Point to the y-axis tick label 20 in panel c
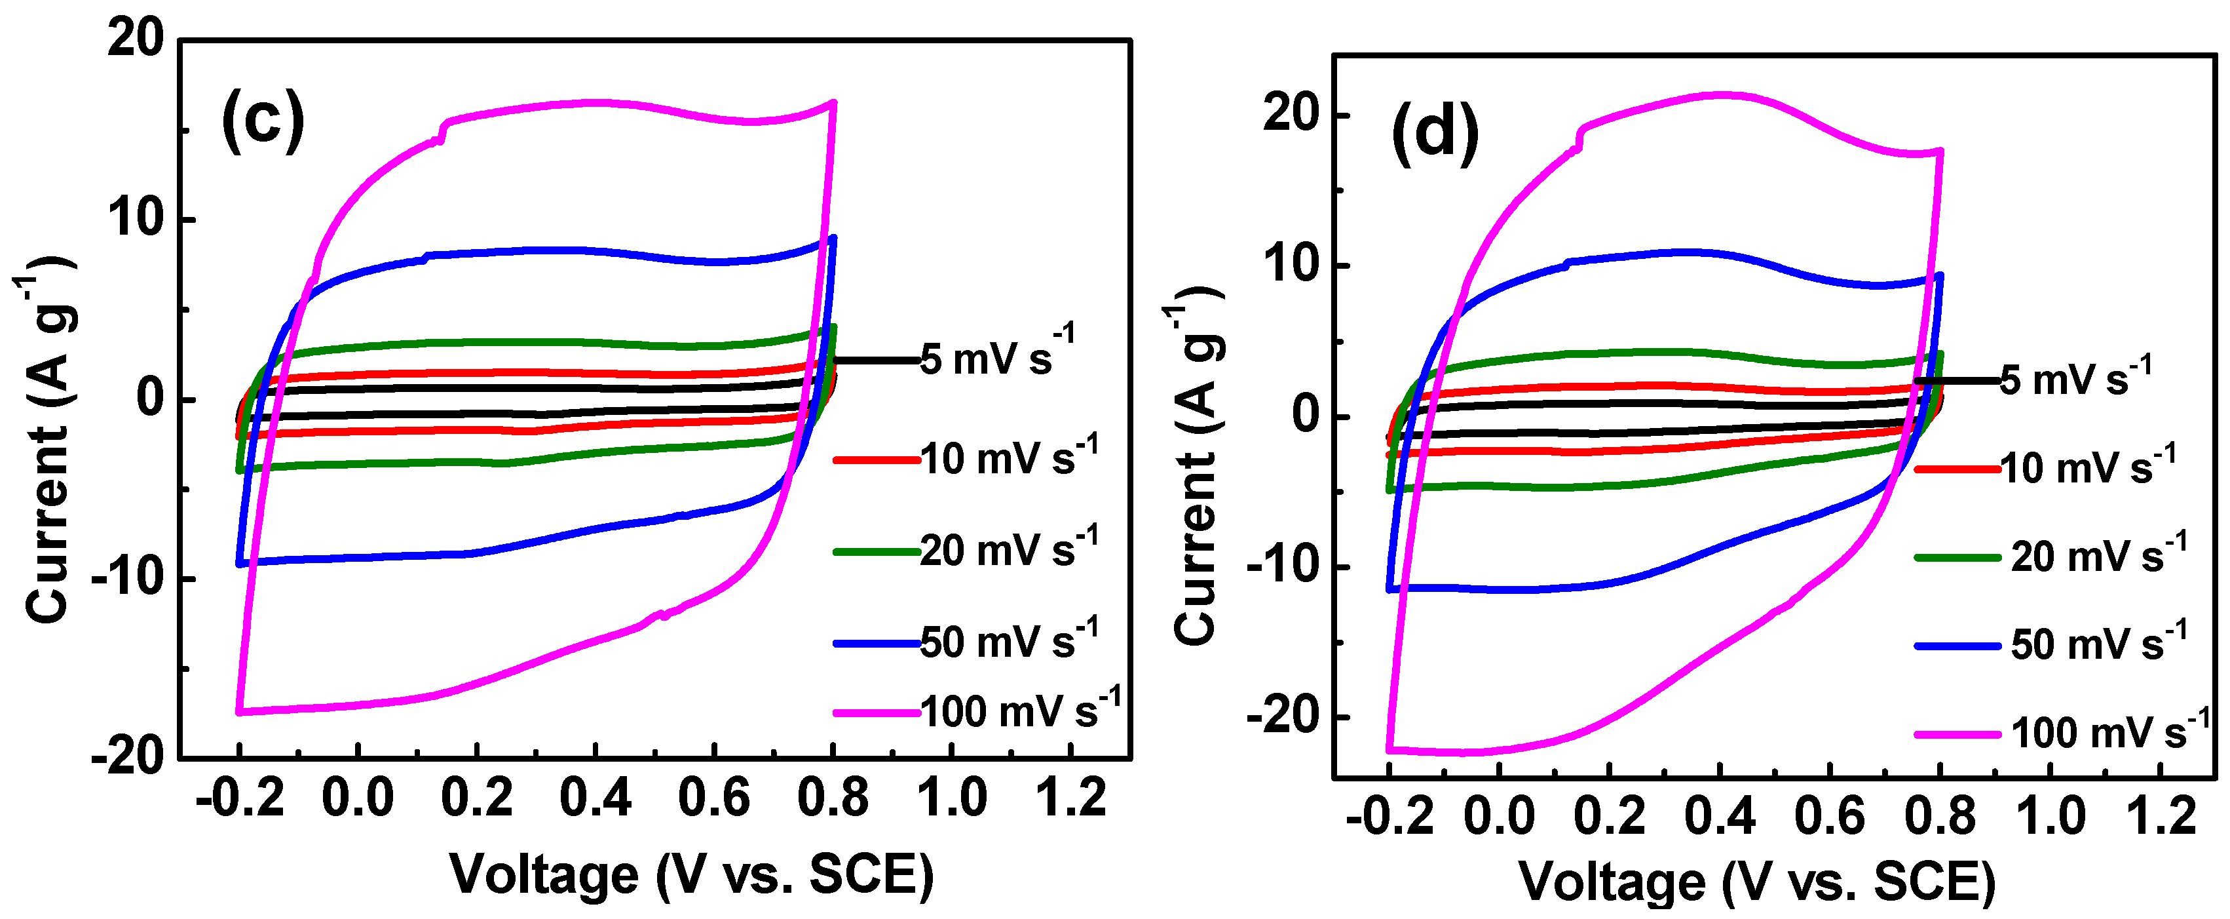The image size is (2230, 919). coord(136,39)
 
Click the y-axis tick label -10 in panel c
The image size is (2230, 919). coord(130,579)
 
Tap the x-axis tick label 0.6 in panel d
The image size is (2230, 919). coord(1828,816)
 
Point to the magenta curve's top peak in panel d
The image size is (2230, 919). coord(1723,94)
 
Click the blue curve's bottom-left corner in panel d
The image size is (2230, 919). coord(1389,589)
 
